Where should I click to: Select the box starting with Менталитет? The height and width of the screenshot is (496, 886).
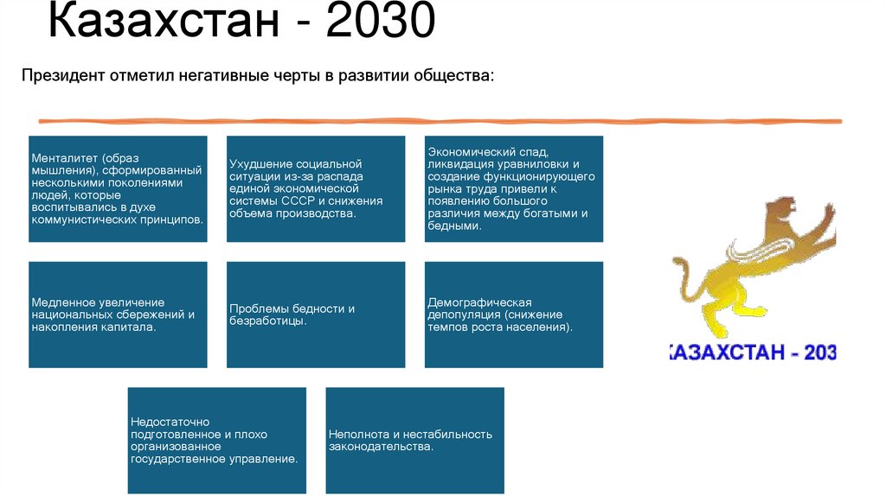pyautogui.click(x=118, y=188)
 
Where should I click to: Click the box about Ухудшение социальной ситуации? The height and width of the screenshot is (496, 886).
pyautogui.click(x=316, y=188)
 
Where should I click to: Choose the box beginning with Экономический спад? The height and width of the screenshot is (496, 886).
pyautogui.click(x=514, y=188)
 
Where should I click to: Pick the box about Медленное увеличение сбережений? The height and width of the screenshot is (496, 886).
pyautogui.click(x=118, y=315)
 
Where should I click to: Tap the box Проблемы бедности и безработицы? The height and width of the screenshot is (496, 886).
pyautogui.click(x=316, y=315)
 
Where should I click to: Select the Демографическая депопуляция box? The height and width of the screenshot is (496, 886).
pyautogui.click(x=514, y=315)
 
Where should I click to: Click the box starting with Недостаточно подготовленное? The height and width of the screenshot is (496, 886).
pyautogui.click(x=217, y=440)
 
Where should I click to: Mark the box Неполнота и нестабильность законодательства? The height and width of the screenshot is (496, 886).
pyautogui.click(x=414, y=440)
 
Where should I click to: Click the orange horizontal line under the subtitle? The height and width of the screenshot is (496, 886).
pyautogui.click(x=440, y=120)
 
